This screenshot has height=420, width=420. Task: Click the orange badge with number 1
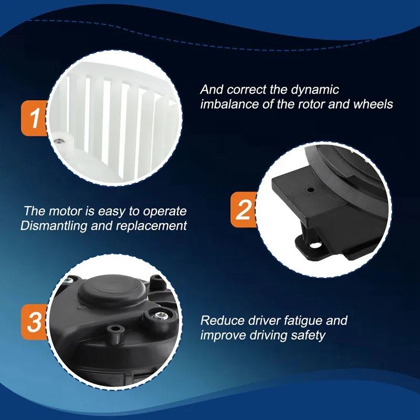point(34,118)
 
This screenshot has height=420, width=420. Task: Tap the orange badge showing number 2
point(244,209)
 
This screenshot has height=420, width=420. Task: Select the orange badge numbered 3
point(34,322)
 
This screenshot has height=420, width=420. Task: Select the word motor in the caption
point(65,211)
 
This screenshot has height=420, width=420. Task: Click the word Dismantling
point(54,226)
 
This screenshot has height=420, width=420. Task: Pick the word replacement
point(151,226)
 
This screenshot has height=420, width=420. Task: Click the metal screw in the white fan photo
point(58,140)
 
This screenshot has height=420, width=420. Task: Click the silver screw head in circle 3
point(161,316)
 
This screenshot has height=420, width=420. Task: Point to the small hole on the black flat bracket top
point(310,190)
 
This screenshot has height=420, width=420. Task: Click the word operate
point(164,212)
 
